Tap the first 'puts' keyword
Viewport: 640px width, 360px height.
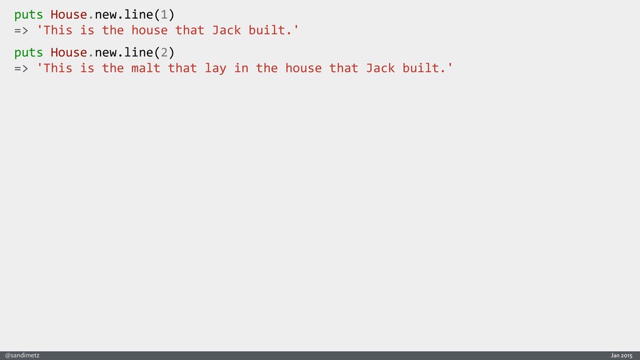pos(29,14)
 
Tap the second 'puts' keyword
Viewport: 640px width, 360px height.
pos(29,52)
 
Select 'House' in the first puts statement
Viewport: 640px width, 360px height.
pos(69,14)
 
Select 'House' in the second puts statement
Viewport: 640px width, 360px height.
pos(69,52)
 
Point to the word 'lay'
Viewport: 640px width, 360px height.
pos(216,68)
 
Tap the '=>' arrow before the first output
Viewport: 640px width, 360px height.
pos(21,30)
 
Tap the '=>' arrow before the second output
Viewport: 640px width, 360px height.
pos(21,68)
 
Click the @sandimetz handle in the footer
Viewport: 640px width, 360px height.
pos(22,356)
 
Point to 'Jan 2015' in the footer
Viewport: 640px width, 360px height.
pos(621,356)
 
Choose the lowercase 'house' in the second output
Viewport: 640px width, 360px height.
pos(303,68)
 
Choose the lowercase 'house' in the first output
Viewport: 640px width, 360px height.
pos(149,30)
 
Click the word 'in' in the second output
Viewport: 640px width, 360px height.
pos(241,68)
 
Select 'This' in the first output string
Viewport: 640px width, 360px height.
pos(58,30)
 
